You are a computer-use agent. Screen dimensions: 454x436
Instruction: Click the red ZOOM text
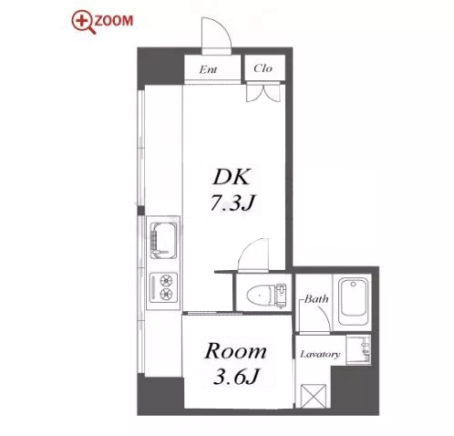click(x=114, y=21)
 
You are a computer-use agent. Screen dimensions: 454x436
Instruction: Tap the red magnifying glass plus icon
click(x=83, y=23)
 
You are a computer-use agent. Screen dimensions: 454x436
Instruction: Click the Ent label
click(x=208, y=70)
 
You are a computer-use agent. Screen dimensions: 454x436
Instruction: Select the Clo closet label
click(x=263, y=68)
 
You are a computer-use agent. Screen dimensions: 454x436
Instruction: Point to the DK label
click(x=232, y=176)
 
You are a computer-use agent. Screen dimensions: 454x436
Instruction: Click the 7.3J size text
click(x=232, y=202)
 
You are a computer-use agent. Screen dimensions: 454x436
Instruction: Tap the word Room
click(x=235, y=351)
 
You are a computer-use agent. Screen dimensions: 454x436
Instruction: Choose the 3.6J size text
click(x=236, y=377)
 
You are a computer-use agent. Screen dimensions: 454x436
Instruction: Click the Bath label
click(x=316, y=299)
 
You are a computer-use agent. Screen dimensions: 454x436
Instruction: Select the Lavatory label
click(x=320, y=354)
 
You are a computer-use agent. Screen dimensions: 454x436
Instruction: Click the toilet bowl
click(x=259, y=296)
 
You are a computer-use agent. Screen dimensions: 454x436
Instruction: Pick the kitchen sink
click(x=164, y=241)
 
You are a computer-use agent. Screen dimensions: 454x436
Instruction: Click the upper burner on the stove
click(x=166, y=280)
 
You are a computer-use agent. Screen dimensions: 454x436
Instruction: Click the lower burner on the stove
click(x=166, y=294)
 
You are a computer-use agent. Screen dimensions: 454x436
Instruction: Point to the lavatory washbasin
click(x=358, y=349)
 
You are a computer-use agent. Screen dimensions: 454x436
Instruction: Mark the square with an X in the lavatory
click(x=313, y=396)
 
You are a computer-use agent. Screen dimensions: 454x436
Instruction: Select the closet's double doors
click(x=263, y=92)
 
